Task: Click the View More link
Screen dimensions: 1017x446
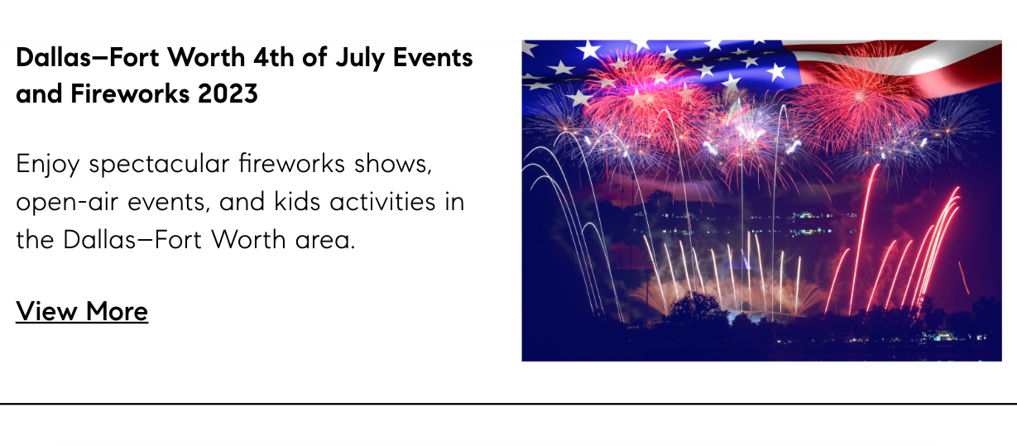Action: [82, 311]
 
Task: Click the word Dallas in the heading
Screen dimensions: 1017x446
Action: [55, 58]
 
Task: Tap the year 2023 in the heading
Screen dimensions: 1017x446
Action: [228, 94]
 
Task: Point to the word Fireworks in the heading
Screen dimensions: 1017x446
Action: [130, 94]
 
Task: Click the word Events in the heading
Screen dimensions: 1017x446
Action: [433, 58]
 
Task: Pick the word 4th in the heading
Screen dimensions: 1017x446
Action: [273, 58]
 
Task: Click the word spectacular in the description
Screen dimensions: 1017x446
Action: [159, 165]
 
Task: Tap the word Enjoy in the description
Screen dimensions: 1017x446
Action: [48, 165]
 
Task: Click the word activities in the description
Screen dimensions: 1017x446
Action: [382, 202]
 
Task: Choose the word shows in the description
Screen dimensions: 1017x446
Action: [393, 164]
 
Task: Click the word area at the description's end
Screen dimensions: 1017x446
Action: [325, 241]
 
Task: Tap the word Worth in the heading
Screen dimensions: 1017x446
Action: [206, 58]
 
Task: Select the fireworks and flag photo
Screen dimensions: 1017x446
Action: [762, 201]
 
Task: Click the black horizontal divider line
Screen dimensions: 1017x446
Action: [508, 403]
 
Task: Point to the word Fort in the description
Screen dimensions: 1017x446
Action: [178, 240]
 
